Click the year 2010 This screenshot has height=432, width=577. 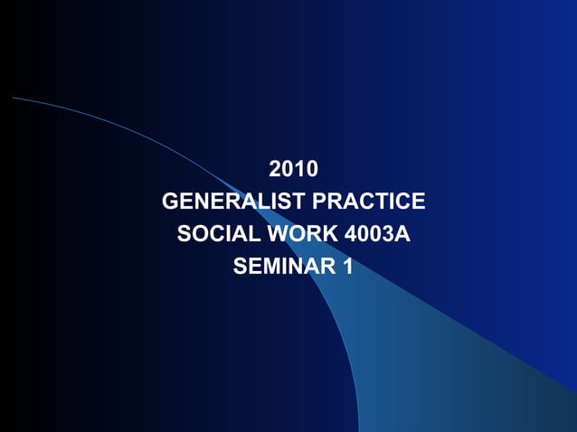coord(294,168)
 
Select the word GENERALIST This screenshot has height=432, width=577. coord(234,201)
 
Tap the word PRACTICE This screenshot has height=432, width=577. coord(368,201)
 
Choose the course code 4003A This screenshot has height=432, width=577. coord(378,234)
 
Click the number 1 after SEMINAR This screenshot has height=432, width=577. coord(348,267)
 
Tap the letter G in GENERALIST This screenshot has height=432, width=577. coord(171,201)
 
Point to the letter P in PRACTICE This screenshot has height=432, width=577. coord(318,201)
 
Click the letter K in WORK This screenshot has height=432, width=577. coord(331,234)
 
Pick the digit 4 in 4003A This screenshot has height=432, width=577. coord(352,234)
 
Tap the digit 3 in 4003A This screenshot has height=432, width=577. coord(391,234)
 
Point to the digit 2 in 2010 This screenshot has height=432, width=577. coord(276,168)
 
